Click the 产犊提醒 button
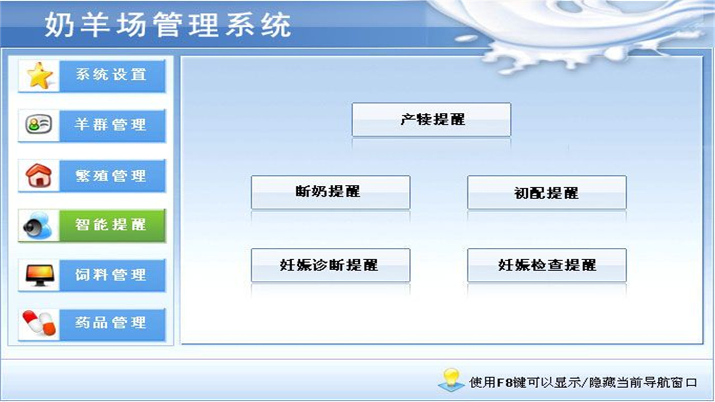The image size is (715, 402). tap(431, 119)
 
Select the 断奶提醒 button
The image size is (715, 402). tap(330, 192)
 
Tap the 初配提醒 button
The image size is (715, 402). tap(546, 193)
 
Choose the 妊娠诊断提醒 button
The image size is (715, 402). tap(330, 265)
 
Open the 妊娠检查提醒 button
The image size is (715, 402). tap(546, 265)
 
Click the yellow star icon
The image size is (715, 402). tap(40, 76)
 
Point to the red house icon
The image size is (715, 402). tap(39, 175)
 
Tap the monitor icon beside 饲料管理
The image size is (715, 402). tap(39, 275)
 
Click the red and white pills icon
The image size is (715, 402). tap(39, 324)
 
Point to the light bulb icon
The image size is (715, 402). tap(451, 379)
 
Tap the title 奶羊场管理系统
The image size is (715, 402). tap(168, 25)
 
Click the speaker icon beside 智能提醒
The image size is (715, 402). tap(38, 226)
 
